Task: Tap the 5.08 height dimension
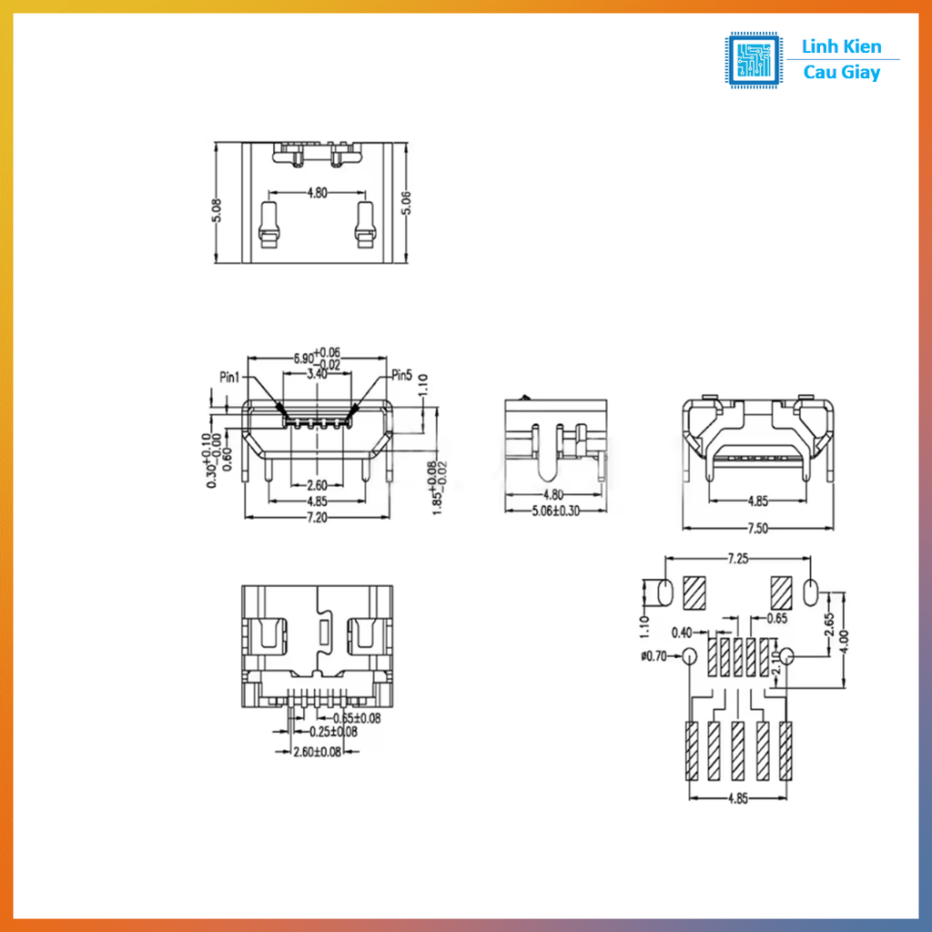click(x=216, y=212)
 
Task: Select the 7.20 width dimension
click(x=317, y=516)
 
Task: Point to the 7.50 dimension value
click(x=757, y=528)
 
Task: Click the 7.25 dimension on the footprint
click(x=737, y=560)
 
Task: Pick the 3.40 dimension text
click(x=317, y=374)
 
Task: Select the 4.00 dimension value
click(x=846, y=635)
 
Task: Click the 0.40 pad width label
click(x=680, y=632)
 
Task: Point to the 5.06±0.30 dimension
click(x=556, y=511)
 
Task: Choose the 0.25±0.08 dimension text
click(x=333, y=731)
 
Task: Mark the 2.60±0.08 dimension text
click(x=317, y=752)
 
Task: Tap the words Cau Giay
click(x=842, y=73)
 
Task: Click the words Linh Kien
click(x=842, y=46)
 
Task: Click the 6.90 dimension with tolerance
click(x=316, y=358)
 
